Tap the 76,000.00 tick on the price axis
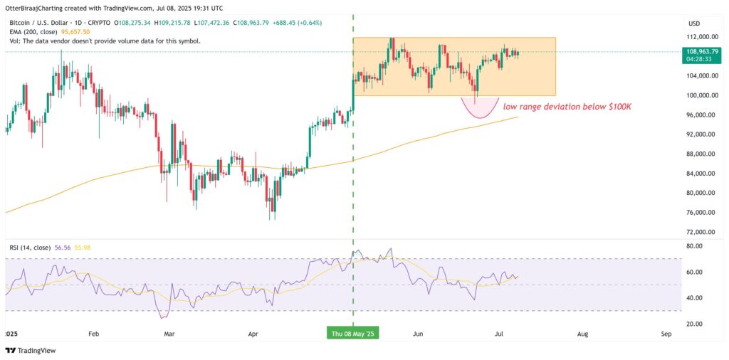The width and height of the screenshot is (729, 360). [701, 212]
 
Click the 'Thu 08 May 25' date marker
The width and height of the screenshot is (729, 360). [353, 333]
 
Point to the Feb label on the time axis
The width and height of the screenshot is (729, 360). [93, 333]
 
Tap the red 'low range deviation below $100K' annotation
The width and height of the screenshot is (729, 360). [567, 107]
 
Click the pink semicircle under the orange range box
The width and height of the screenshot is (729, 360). [478, 107]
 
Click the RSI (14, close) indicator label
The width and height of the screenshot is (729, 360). [28, 248]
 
